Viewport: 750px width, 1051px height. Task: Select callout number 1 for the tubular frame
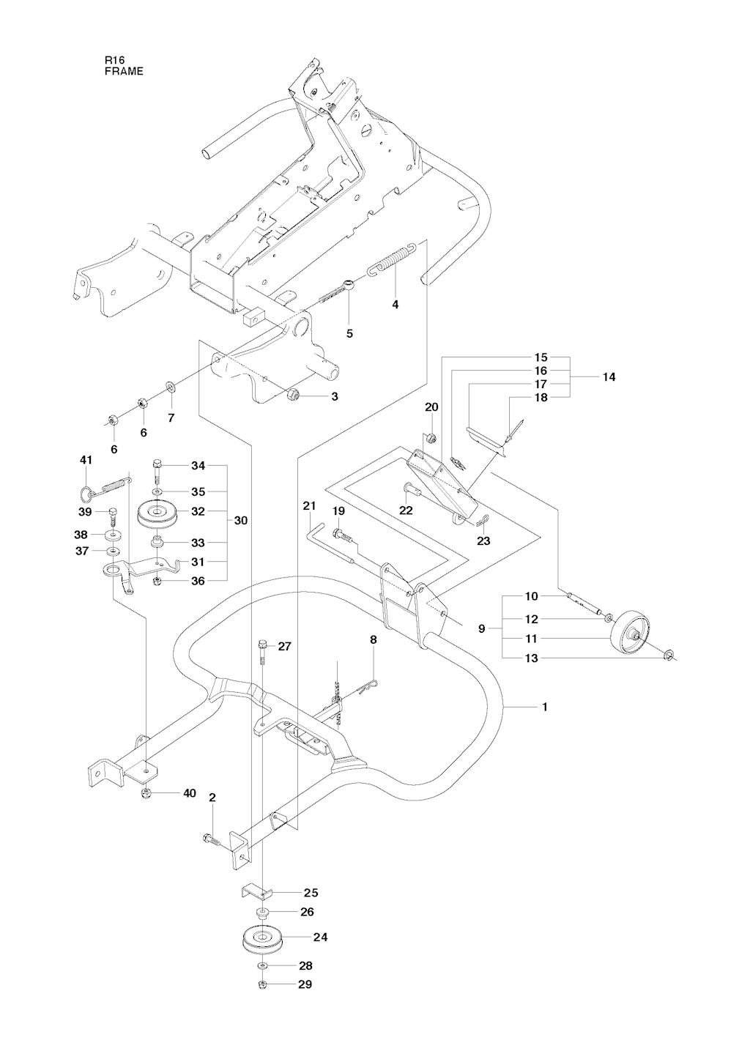point(543,707)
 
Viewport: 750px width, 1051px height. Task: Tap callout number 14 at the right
point(609,377)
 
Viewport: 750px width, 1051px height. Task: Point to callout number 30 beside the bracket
point(241,521)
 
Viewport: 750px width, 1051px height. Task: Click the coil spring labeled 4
point(393,259)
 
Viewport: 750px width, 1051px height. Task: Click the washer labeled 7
point(171,386)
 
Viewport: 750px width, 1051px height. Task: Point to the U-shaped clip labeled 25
point(257,892)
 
